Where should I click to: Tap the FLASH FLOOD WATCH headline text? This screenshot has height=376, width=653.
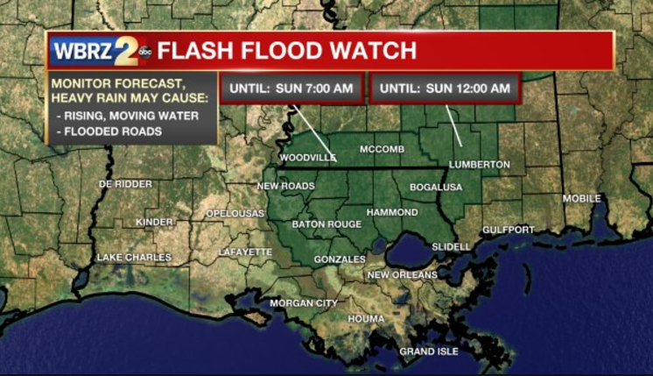click(287, 51)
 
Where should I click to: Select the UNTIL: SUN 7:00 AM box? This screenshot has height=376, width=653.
click(291, 89)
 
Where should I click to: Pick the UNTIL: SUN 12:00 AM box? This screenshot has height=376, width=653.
click(446, 89)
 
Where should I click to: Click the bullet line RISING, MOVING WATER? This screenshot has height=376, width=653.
click(127, 116)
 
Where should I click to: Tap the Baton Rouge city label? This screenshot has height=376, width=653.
click(326, 224)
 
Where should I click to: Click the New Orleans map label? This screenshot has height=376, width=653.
click(402, 275)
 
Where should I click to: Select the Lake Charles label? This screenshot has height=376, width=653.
click(134, 258)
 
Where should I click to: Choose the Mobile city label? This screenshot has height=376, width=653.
click(581, 199)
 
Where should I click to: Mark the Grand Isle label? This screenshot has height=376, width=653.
click(429, 351)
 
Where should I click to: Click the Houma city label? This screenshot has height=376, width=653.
click(366, 319)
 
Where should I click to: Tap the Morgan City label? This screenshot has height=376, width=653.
click(303, 303)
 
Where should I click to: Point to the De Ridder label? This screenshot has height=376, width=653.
click(125, 184)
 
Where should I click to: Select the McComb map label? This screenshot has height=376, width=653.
click(382, 149)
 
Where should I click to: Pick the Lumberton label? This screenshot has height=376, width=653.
click(479, 165)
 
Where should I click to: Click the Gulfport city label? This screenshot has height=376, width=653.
click(508, 230)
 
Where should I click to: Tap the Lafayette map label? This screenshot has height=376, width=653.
click(245, 252)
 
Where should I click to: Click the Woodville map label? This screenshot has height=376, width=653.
click(307, 158)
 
